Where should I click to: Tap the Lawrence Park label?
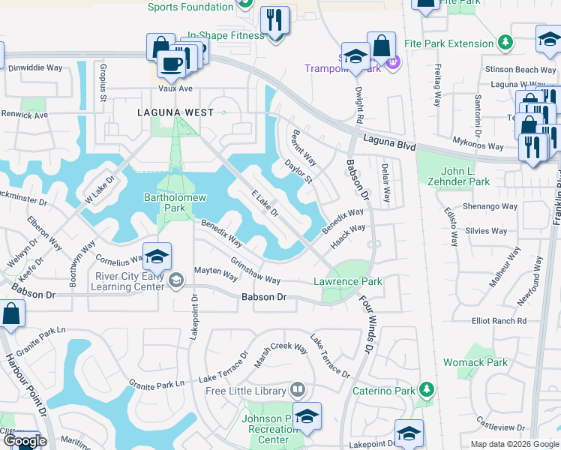point(347,282)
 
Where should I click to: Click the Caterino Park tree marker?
point(426,390)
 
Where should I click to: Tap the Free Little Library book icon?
point(298,390)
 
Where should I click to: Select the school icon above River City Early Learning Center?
point(157,257)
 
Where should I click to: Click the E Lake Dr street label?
point(265,202)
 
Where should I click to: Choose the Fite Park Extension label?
point(448,44)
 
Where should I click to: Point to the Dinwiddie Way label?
point(35,67)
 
